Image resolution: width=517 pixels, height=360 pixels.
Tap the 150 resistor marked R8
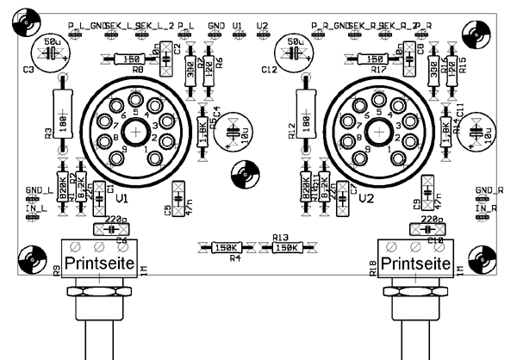[x=132, y=59]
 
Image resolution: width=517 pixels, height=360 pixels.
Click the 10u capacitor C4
[x=231, y=133]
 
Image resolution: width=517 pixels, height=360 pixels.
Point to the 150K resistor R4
[x=227, y=248]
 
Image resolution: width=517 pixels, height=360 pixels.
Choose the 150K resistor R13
[x=285, y=248]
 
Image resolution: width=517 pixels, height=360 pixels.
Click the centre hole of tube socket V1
[x=136, y=132]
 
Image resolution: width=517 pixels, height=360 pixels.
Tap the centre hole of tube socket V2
[x=377, y=132]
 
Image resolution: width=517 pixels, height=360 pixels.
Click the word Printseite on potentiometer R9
[x=100, y=262]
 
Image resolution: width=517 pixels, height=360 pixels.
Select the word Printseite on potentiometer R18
[x=417, y=262]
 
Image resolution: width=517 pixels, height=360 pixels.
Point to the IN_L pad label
[x=36, y=209]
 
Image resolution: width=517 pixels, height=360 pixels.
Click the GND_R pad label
[x=489, y=190]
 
